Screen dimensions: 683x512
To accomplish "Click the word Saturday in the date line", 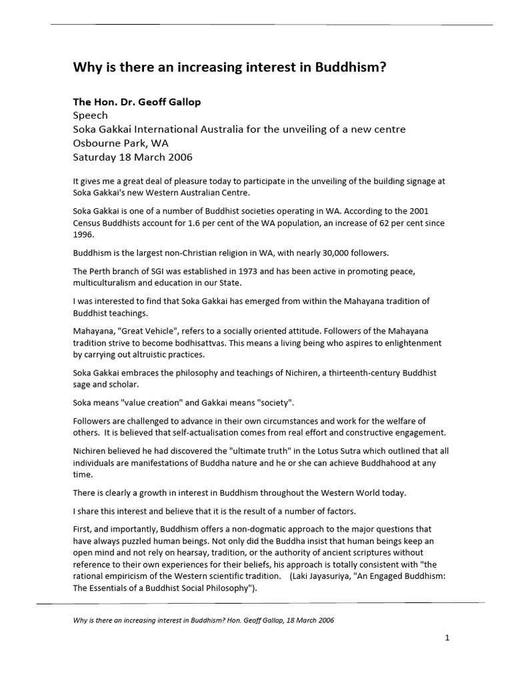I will (95, 157).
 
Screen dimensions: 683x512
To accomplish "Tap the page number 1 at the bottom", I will (447, 638).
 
